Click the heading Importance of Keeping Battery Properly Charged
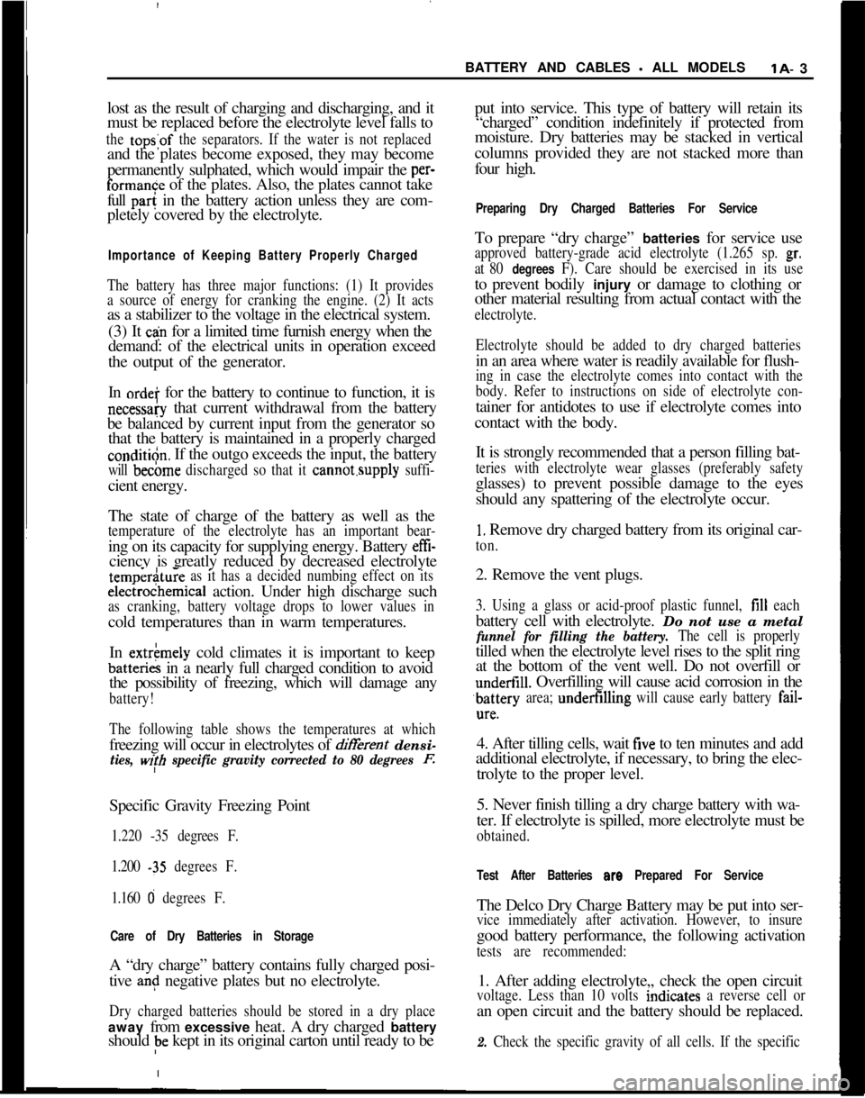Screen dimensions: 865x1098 [x=263, y=256]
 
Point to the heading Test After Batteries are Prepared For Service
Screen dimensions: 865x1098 [x=619, y=876]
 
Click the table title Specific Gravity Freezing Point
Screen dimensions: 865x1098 [x=210, y=806]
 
